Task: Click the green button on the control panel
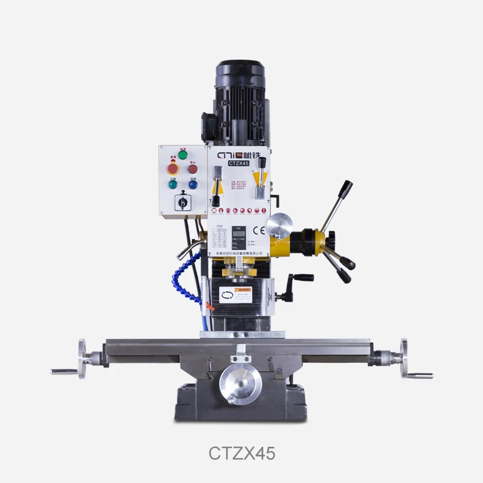(182, 155)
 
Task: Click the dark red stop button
(193, 169)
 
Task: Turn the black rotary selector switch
(182, 203)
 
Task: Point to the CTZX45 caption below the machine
(241, 453)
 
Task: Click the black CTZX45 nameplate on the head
(239, 163)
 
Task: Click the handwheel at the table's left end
(82, 359)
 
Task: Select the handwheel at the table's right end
(403, 359)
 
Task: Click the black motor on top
(240, 100)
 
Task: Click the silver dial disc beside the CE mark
(279, 227)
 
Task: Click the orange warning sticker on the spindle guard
(244, 290)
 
